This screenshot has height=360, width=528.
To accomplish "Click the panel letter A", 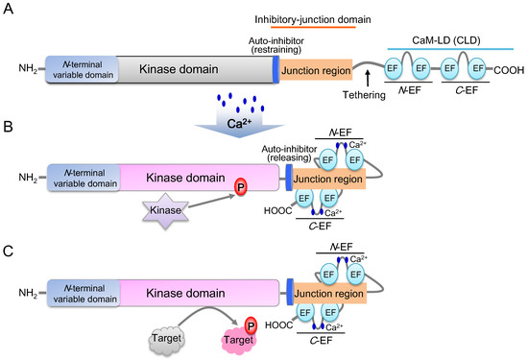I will click(x=12, y=12).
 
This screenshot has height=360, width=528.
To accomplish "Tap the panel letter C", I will click(x=12, y=252).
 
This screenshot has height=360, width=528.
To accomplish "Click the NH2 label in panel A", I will click(x=29, y=69).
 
